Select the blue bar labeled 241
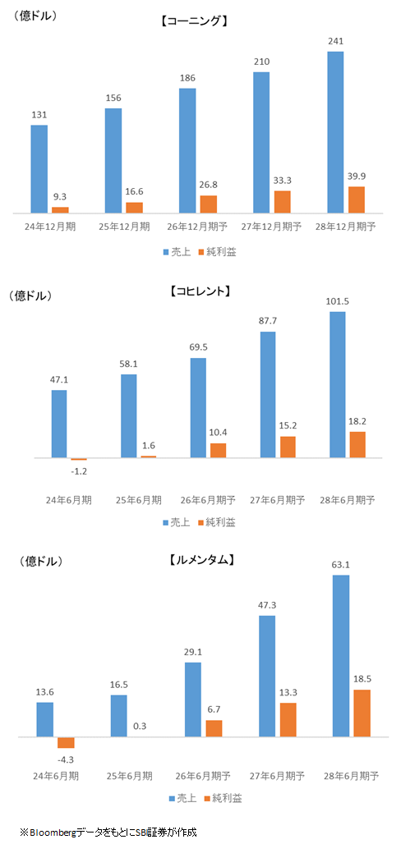pos(335,132)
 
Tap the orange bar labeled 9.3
pos(61,210)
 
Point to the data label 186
pos(187,76)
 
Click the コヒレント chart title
pos(200,291)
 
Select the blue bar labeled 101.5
pos(337,373)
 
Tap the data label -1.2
pos(79,472)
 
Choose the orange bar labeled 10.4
pos(218,450)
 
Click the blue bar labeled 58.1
pos(128,415)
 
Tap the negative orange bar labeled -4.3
pos(66,742)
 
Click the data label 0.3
pos(139,725)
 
